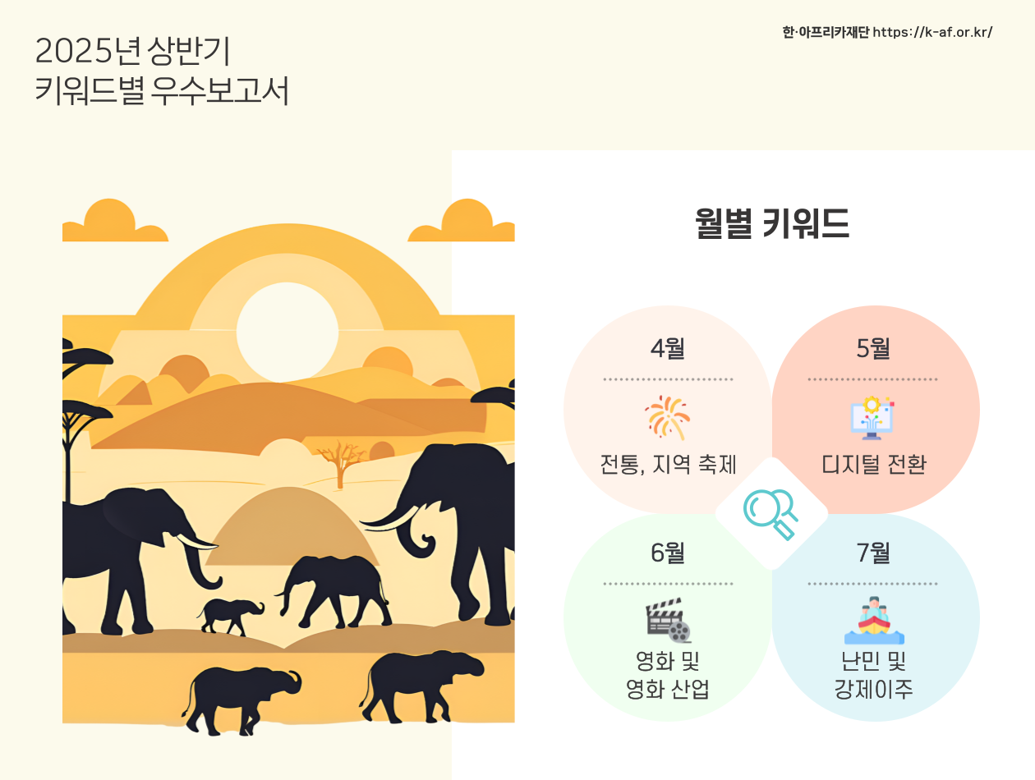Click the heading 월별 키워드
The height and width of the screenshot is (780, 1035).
pos(772,223)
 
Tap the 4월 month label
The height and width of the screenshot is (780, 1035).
pos(668,349)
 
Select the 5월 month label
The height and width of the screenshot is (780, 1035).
pos(873,349)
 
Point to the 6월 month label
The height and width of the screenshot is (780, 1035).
pos(668,553)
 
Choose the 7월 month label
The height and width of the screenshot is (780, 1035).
pos(873,553)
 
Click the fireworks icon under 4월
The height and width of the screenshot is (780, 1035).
pos(668,418)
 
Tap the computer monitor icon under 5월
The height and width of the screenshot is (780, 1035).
pos(872,418)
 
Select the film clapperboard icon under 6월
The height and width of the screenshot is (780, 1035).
pos(669,620)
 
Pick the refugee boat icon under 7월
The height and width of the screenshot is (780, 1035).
pos(874,620)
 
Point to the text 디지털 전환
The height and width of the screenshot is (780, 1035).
pos(874,464)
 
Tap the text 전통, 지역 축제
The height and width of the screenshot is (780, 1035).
pos(668,464)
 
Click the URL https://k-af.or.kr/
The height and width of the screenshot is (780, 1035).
pos(932,32)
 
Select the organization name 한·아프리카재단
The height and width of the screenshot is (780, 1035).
pos(826,32)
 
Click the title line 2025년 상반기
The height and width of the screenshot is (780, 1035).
pos(132,51)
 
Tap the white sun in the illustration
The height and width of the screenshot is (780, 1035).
pos(287,333)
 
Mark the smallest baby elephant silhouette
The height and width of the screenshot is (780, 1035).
pos(230,616)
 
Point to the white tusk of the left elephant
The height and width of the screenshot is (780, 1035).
pos(196,541)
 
